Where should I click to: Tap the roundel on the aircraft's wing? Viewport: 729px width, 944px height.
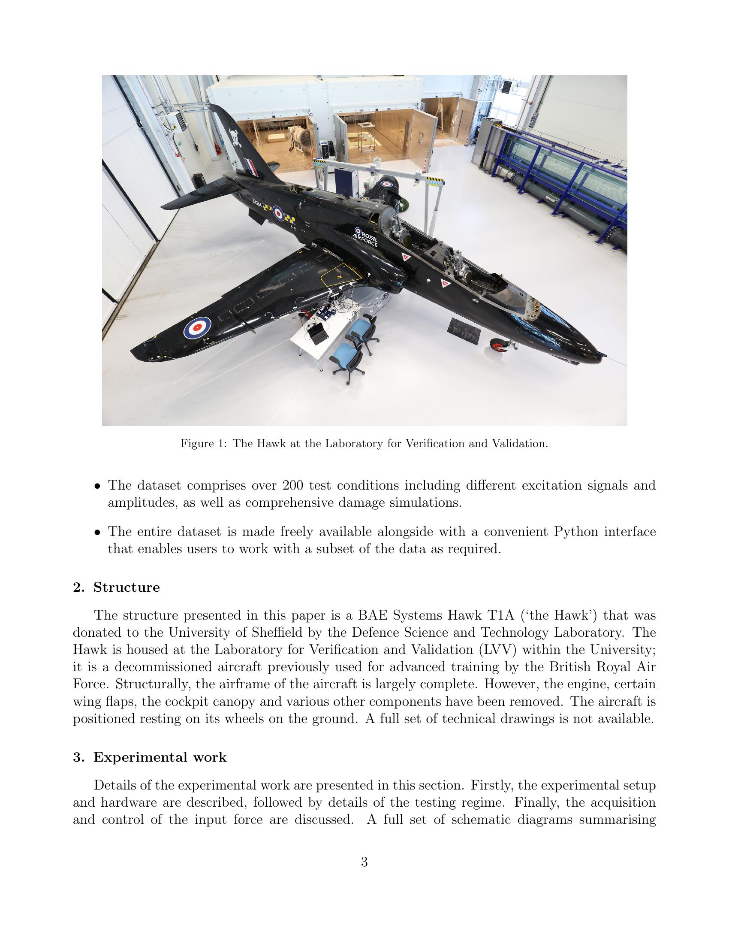197,327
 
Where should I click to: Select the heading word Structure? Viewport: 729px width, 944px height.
127,587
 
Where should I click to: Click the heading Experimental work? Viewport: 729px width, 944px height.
160,757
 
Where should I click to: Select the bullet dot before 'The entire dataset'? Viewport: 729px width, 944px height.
99,533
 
